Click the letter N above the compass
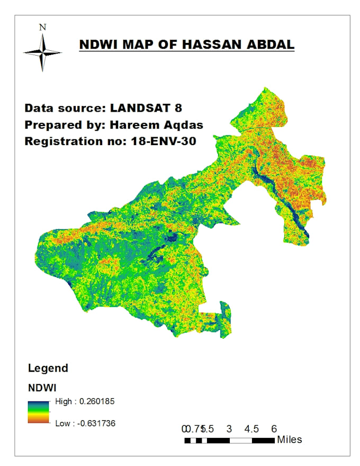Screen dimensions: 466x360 [x=43, y=26]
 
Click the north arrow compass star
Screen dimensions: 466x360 [x=42, y=52]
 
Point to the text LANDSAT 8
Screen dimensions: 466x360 [x=146, y=108]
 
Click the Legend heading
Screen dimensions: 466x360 [x=48, y=368]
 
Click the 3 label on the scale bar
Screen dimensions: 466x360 [x=229, y=428]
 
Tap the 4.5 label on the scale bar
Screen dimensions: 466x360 [x=251, y=428]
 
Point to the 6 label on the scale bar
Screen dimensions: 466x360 [x=274, y=428]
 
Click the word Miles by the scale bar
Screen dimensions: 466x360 [x=289, y=440]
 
